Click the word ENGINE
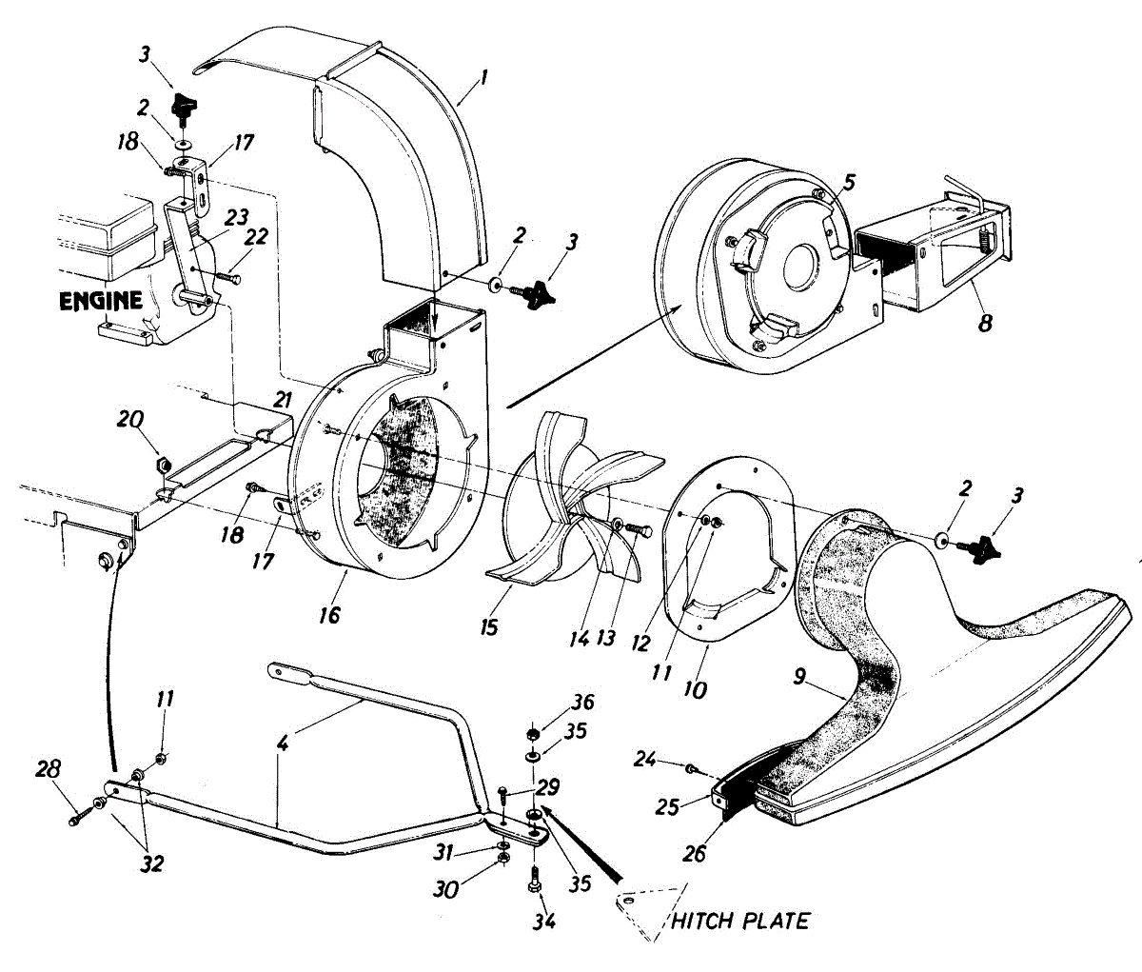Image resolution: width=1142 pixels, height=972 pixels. coord(101,301)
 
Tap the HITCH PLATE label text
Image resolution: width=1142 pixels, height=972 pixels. coord(741,922)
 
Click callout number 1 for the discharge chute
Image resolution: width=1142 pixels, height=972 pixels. coord(483,77)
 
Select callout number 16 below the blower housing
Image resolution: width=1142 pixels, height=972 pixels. coord(330,615)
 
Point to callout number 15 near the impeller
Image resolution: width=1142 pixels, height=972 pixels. coord(489,627)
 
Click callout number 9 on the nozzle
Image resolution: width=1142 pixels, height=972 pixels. coord(799,676)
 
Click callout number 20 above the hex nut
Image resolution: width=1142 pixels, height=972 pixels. coord(130,420)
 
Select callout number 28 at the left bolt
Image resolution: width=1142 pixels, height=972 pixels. coord(49,768)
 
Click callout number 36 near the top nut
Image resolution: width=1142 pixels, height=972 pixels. coord(582,703)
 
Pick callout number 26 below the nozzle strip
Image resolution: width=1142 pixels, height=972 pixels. coord(695,854)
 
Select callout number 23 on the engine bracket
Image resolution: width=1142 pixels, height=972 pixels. coord(236,217)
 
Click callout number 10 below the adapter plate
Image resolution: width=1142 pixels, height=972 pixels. coord(695,689)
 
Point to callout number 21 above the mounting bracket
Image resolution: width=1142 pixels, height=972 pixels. coord(282,400)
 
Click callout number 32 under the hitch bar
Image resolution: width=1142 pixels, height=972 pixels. coord(151,863)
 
